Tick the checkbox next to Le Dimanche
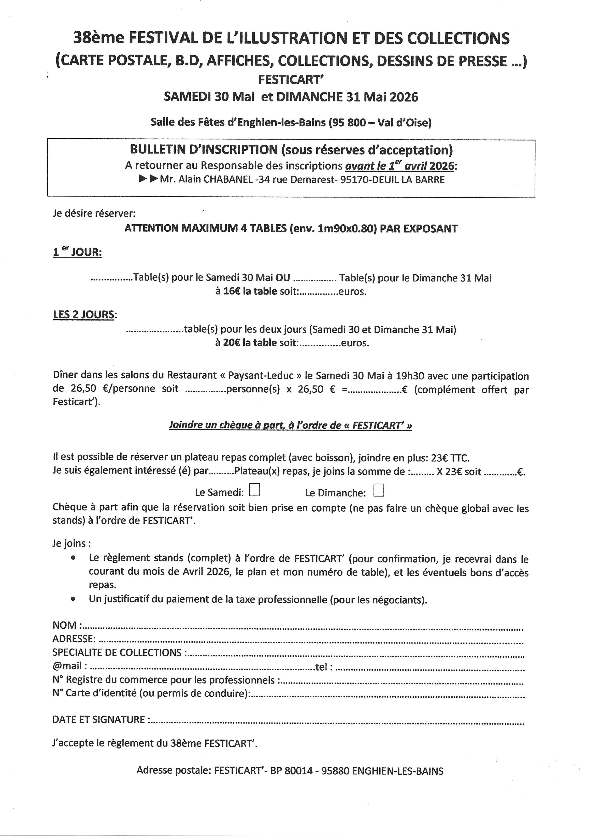[379, 490]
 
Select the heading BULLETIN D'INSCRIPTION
[204, 150]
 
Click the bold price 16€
[231, 292]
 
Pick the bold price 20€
[231, 343]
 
